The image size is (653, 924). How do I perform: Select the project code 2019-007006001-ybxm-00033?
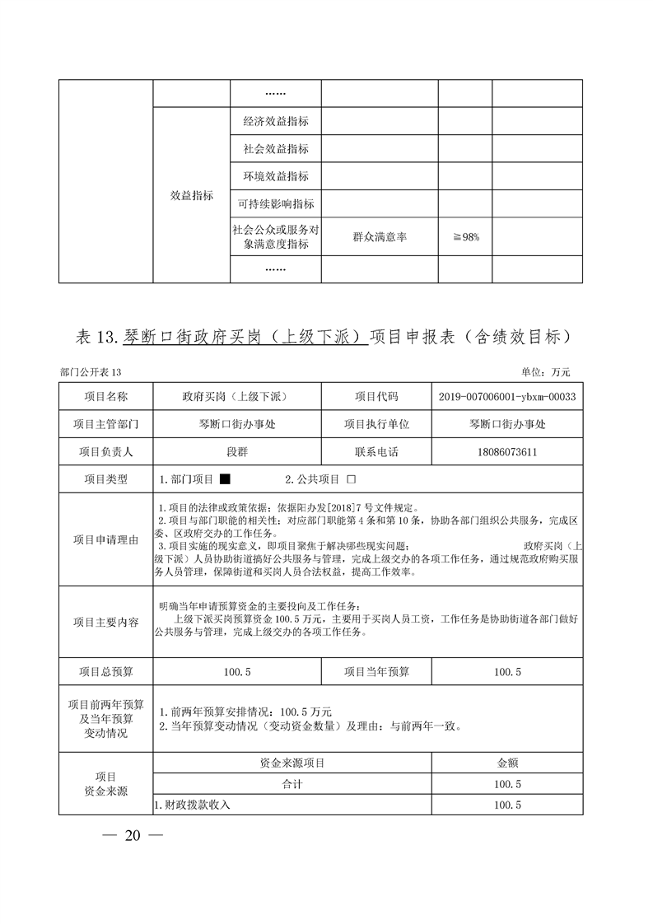coord(506,397)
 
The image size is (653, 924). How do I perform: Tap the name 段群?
coord(236,452)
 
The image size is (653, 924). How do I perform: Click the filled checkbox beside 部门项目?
coord(225,479)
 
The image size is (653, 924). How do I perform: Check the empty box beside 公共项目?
coord(351,479)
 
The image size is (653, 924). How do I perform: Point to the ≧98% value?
coord(465,237)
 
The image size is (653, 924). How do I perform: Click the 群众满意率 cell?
coord(379,237)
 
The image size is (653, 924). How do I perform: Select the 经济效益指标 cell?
coord(275,121)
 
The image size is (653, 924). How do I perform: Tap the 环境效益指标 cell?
coord(275,176)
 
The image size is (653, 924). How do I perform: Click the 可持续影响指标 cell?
coord(275,203)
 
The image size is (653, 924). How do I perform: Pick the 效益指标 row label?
coord(192,195)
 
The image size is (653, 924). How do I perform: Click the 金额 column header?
coord(506,763)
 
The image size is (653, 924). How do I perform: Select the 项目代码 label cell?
coord(375,397)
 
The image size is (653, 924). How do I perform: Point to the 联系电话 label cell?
coord(375,452)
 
